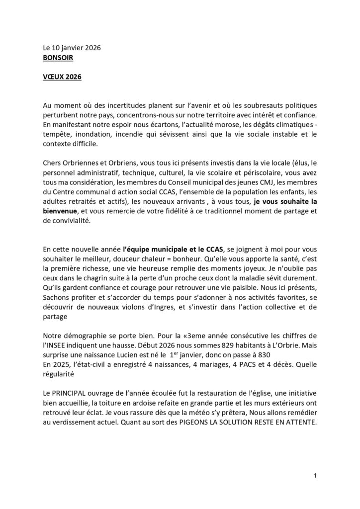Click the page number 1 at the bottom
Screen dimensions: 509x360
tap(315, 476)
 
